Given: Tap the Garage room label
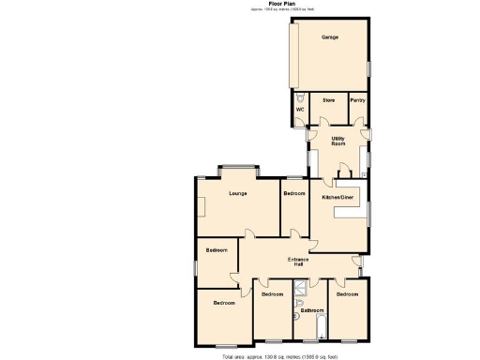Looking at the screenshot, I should [x=330, y=37].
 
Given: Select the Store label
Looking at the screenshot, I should [x=329, y=99].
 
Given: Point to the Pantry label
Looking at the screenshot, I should [x=357, y=99].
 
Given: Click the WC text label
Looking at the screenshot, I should [x=300, y=111].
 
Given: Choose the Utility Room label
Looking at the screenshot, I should [x=338, y=142].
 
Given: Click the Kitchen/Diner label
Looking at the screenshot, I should [x=337, y=198].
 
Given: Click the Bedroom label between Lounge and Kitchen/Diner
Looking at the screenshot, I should [x=294, y=193].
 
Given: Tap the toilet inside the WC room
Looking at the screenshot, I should [x=299, y=97].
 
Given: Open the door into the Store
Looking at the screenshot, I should [x=323, y=119].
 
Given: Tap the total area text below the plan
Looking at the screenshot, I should [x=272, y=356].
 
